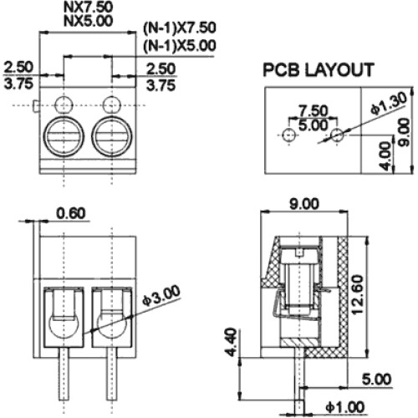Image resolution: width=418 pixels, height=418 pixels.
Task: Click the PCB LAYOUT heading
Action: pyautogui.click(x=319, y=69)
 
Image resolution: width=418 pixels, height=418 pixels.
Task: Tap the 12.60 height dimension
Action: pyautogui.click(x=358, y=295)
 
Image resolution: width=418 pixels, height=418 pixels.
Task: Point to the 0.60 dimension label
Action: pyautogui.click(x=71, y=213)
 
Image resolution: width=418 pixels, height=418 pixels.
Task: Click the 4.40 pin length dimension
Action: pyautogui.click(x=232, y=343)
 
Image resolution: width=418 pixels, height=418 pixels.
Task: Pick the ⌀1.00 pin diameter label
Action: pyautogui.click(x=345, y=407)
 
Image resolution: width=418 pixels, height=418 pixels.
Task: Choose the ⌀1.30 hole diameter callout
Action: pyautogui.click(x=389, y=103)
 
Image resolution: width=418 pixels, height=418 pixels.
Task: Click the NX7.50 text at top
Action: pyautogui.click(x=89, y=8)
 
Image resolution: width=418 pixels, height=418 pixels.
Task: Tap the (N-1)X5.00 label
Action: pyautogui.click(x=180, y=46)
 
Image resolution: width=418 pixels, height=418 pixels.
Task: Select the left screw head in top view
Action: pyautogui.click(x=64, y=137)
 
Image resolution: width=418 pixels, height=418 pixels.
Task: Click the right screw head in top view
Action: pyautogui.click(x=111, y=137)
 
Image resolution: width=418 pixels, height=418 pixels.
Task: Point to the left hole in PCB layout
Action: pyautogui.click(x=289, y=135)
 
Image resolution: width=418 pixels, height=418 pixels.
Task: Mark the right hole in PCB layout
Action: pyautogui.click(x=337, y=135)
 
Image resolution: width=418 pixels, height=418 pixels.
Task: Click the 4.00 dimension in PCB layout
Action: pyautogui.click(x=386, y=155)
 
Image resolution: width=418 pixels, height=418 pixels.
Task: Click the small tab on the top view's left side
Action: pyautogui.click(x=36, y=107)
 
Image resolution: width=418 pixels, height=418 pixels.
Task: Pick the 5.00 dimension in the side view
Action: pyautogui.click(x=376, y=379)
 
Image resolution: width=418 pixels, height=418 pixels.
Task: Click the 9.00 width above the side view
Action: pyautogui.click(x=303, y=204)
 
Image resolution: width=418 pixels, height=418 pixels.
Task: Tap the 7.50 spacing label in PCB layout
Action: pyautogui.click(x=313, y=110)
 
